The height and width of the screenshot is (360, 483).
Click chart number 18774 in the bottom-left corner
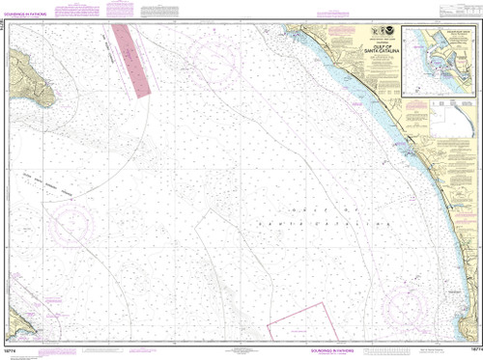9,353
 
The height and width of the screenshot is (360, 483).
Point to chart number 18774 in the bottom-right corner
474,353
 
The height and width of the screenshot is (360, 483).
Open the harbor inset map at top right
440,59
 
